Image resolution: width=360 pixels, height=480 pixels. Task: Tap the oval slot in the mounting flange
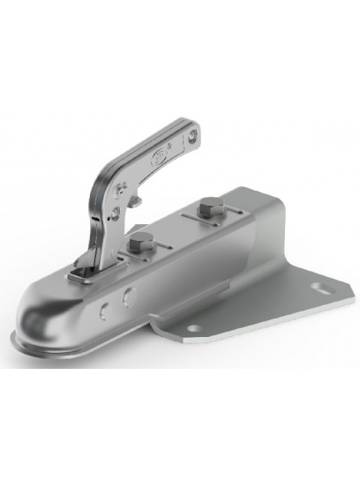point(319,289)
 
